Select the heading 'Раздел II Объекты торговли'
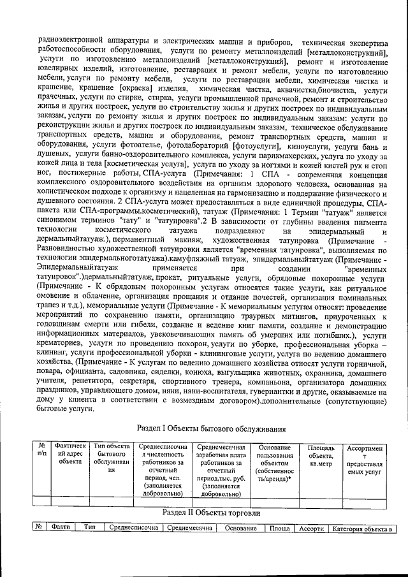point(212,513)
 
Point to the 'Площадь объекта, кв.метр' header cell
point(321,451)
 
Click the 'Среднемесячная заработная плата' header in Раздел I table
point(221,469)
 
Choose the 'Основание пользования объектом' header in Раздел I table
point(275,464)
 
